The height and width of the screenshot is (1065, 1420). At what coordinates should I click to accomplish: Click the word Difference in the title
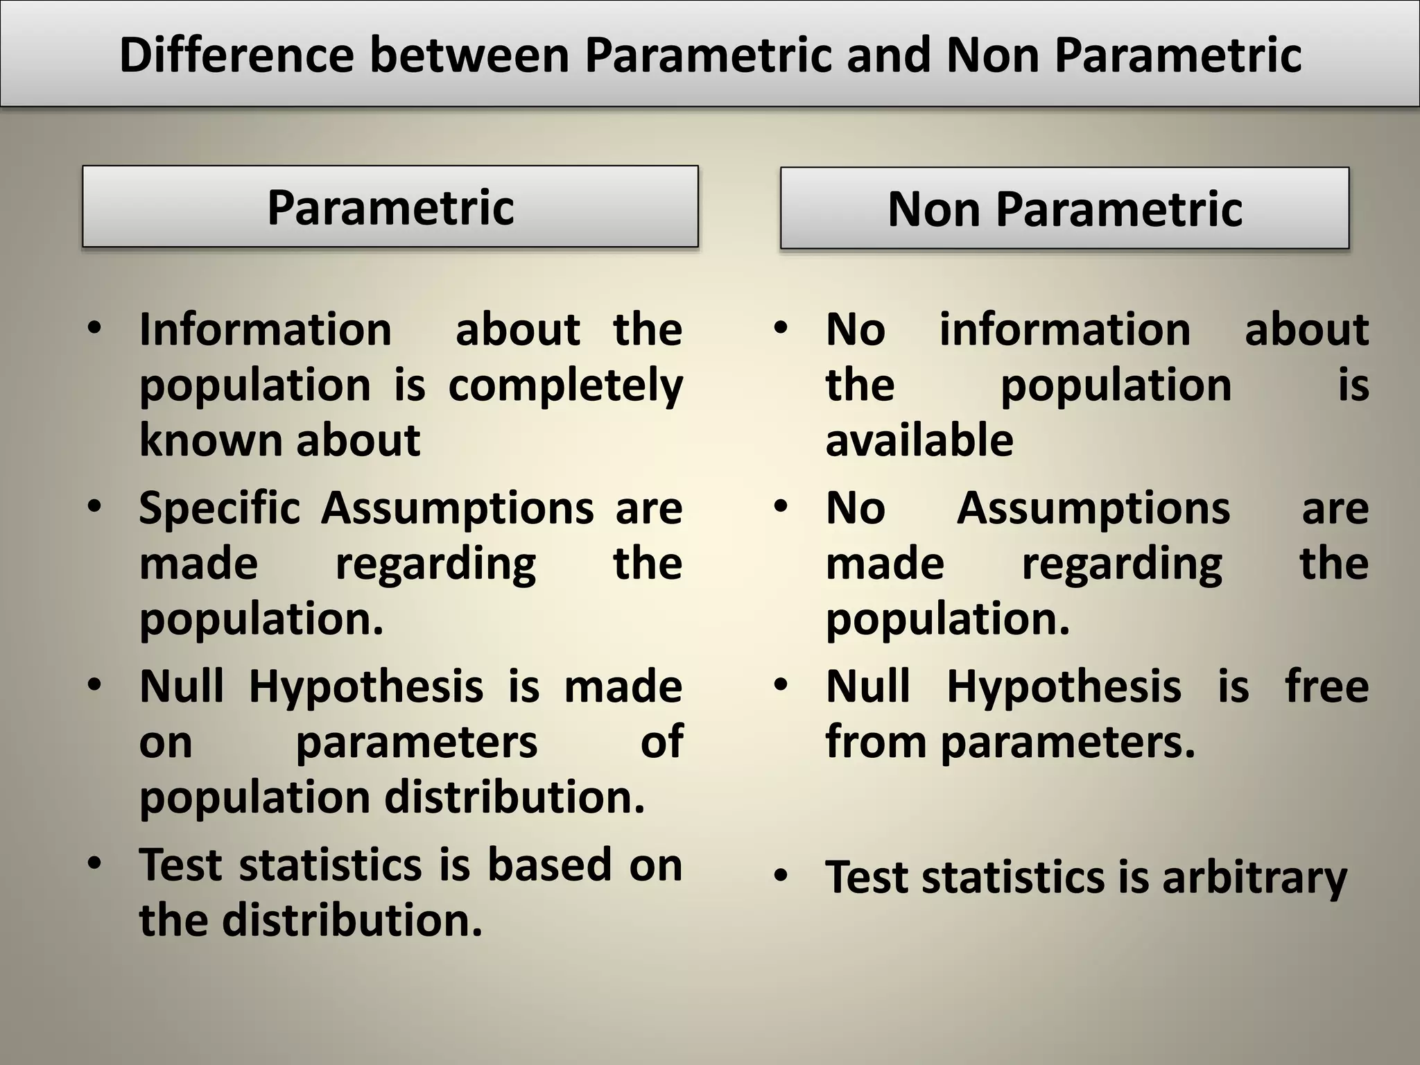[236, 55]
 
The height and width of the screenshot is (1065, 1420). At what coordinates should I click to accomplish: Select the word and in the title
[889, 55]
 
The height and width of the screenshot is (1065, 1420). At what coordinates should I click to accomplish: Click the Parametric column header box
[390, 207]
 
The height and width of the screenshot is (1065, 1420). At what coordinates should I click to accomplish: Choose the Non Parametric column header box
[1064, 208]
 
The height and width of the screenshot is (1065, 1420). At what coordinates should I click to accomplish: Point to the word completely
[565, 386]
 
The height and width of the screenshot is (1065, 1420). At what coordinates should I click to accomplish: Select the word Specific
[219, 508]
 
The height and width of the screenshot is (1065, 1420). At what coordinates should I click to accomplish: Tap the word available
[919, 440]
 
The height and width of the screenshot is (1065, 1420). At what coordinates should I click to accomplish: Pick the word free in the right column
[1326, 686]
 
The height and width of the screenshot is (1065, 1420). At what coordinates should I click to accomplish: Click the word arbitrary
[1254, 878]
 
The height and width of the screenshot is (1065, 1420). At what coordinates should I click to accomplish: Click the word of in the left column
[661, 742]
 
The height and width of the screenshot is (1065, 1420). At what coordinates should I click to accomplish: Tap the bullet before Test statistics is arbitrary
[781, 876]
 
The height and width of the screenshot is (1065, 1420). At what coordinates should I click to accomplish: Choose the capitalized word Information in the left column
[266, 329]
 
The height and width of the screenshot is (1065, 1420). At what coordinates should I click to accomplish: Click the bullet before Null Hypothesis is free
[781, 685]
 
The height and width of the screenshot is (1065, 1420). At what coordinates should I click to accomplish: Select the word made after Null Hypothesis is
[623, 686]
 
